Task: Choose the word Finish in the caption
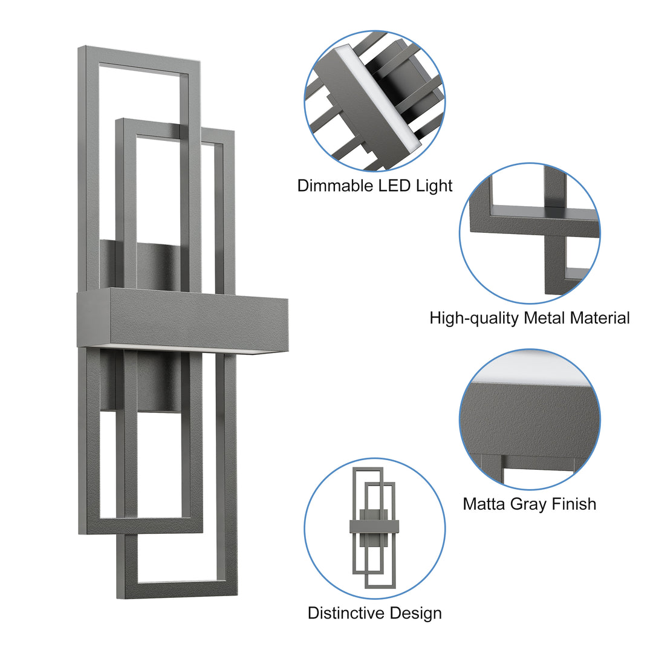(x=575, y=504)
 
